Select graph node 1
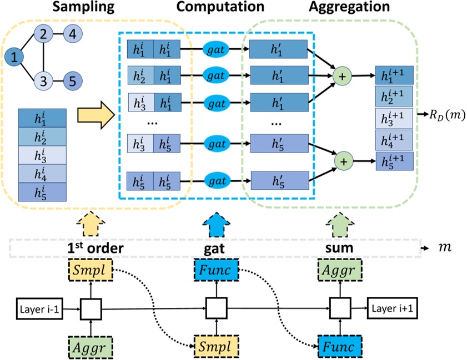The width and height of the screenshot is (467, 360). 15,56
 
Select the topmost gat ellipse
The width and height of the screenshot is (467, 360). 215,49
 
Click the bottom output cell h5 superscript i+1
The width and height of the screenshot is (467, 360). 394,161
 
